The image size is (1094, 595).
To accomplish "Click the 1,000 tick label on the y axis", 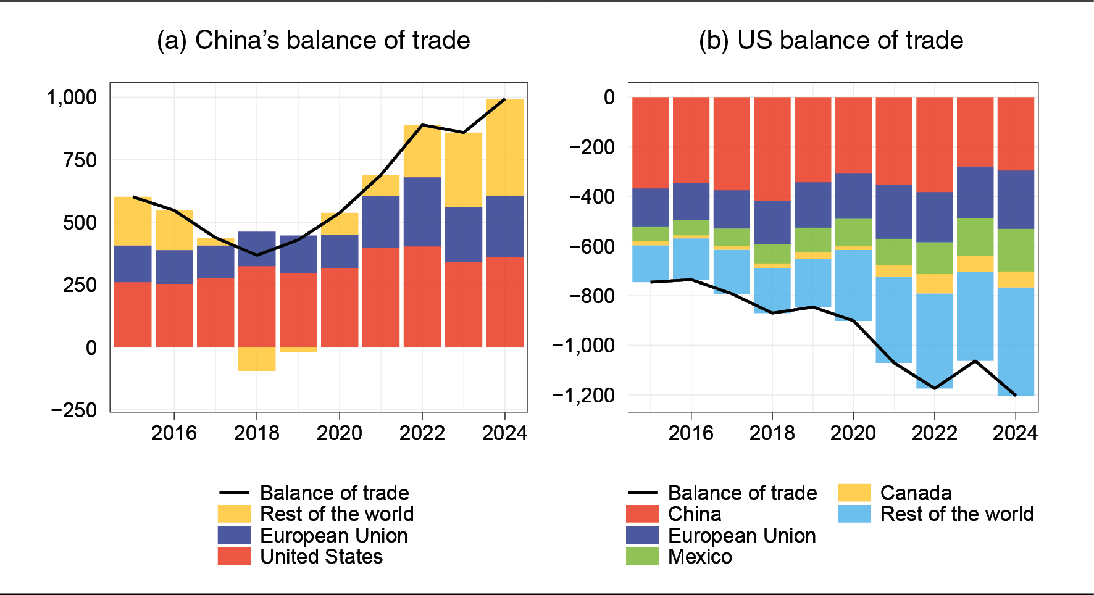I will [x=72, y=97].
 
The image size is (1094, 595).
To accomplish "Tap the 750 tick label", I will [x=80, y=160].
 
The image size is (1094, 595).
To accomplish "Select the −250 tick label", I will [x=74, y=410].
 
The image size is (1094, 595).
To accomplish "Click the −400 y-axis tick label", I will [x=591, y=197].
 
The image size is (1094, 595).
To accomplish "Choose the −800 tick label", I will [x=591, y=296].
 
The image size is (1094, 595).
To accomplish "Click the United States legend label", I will [x=321, y=557].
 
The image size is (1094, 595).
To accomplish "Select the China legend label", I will [x=695, y=514].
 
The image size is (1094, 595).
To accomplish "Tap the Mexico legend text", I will [x=700, y=557].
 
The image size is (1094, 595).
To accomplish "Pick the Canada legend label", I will [x=916, y=493].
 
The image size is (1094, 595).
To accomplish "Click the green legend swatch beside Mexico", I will [x=642, y=557].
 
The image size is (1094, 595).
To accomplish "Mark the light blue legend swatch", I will [x=854, y=514].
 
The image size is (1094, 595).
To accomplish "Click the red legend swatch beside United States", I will [x=234, y=557].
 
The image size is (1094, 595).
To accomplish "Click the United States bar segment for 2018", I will [x=257, y=306].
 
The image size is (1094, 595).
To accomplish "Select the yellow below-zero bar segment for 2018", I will [x=257, y=359].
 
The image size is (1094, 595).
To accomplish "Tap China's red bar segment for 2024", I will [x=1016, y=133].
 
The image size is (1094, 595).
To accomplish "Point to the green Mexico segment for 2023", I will [x=975, y=237].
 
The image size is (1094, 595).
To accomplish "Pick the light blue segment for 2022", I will [x=934, y=341].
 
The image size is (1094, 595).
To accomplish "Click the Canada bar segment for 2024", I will [x=1016, y=280].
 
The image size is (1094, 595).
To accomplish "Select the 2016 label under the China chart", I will [x=691, y=433].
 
